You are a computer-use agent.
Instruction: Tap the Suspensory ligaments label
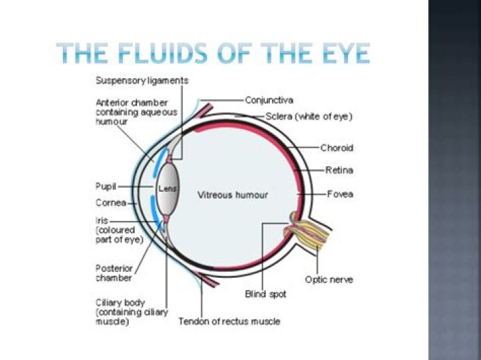click(142, 81)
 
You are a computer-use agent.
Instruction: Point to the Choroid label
click(337, 148)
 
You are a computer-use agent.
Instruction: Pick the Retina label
click(339, 170)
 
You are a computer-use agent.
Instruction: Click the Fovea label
click(340, 194)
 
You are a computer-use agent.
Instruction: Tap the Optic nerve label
click(329, 279)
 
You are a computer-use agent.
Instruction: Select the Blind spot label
click(265, 294)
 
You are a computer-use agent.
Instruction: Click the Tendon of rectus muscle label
click(229, 321)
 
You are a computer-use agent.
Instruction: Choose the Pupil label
click(106, 186)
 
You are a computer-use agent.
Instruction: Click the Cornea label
click(110, 202)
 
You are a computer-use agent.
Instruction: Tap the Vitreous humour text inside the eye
click(232, 195)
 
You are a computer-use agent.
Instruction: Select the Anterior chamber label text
click(136, 112)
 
